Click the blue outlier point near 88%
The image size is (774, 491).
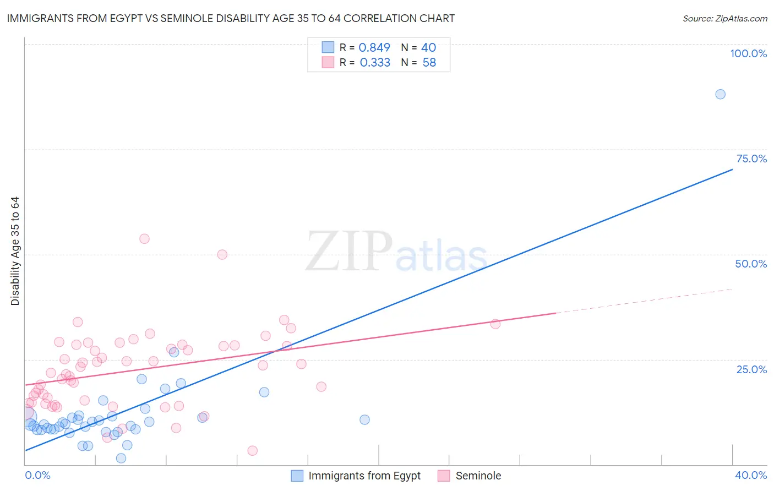pos(720,94)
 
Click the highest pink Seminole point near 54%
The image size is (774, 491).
pos(144,239)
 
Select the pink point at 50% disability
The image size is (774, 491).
pos(222,254)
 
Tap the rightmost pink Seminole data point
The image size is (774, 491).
pos(495,324)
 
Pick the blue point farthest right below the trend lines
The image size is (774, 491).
pos(364,419)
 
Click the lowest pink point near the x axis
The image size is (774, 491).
pos(253,451)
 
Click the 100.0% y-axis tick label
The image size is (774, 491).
pos(748,53)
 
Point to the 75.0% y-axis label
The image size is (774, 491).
pos(751,159)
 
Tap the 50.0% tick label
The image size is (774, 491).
pos(751,264)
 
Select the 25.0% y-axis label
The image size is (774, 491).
pos(751,369)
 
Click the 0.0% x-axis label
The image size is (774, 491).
pos(37,475)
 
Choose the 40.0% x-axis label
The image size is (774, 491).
pos(750,475)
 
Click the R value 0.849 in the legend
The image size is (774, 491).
pos(374,47)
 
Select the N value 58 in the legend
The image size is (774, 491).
pos(429,63)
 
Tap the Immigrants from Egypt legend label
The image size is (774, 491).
pos(364,476)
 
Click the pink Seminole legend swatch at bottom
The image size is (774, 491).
pos(444,476)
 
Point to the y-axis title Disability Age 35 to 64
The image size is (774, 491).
pos(15,251)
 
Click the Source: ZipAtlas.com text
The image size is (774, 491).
pos(724,18)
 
